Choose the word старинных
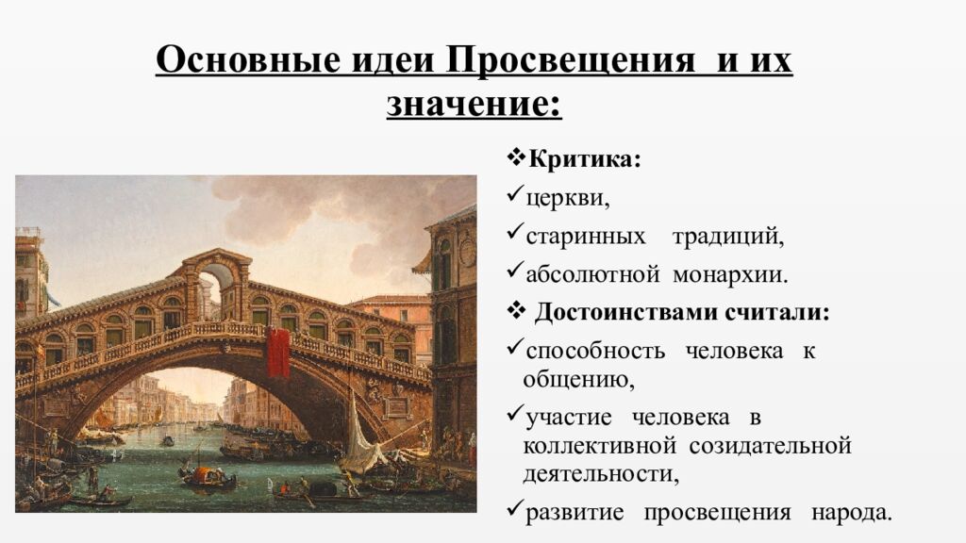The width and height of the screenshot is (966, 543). (x=586, y=237)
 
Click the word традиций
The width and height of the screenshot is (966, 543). (x=727, y=237)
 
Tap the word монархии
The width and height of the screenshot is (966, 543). (x=728, y=275)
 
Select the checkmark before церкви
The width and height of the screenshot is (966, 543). (x=514, y=196)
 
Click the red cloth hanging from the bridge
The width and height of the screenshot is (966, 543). (x=277, y=352)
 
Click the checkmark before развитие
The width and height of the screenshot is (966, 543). (x=514, y=511)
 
